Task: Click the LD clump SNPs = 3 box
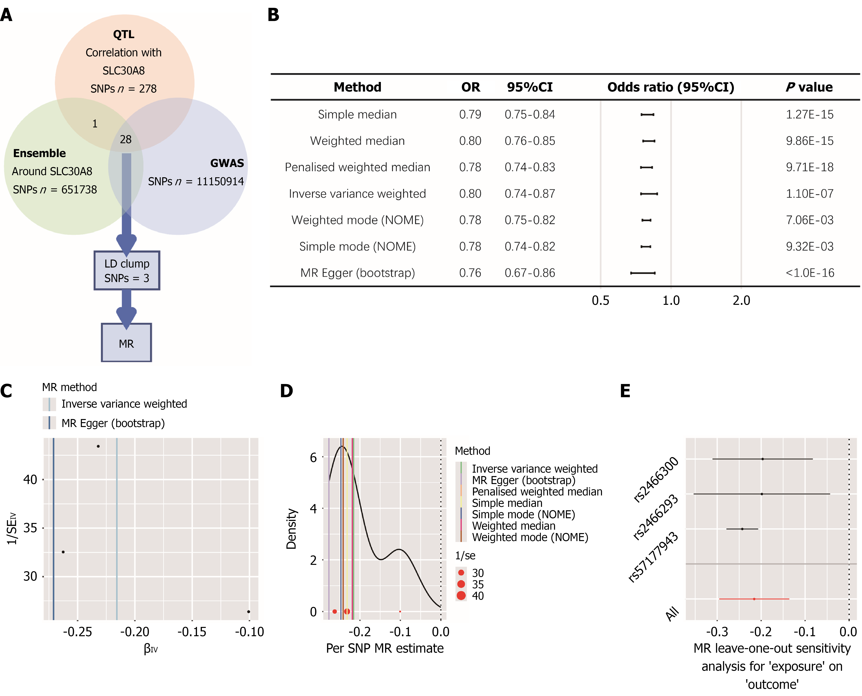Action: tap(127, 271)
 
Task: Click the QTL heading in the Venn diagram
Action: tap(124, 35)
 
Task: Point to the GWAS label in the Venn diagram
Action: tap(227, 163)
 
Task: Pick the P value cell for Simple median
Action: tap(810, 115)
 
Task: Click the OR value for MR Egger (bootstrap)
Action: tap(470, 273)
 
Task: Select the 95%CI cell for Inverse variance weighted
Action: tap(529, 194)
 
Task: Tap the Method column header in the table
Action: tap(357, 87)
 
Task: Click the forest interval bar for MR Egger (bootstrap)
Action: tap(643, 273)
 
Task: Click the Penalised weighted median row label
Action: tap(357, 167)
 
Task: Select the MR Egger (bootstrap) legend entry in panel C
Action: tap(113, 423)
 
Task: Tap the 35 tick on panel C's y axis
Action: tap(30, 528)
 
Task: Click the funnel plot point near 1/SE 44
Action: tap(98, 446)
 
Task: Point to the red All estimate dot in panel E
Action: tap(754, 599)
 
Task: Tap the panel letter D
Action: tap(286, 391)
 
